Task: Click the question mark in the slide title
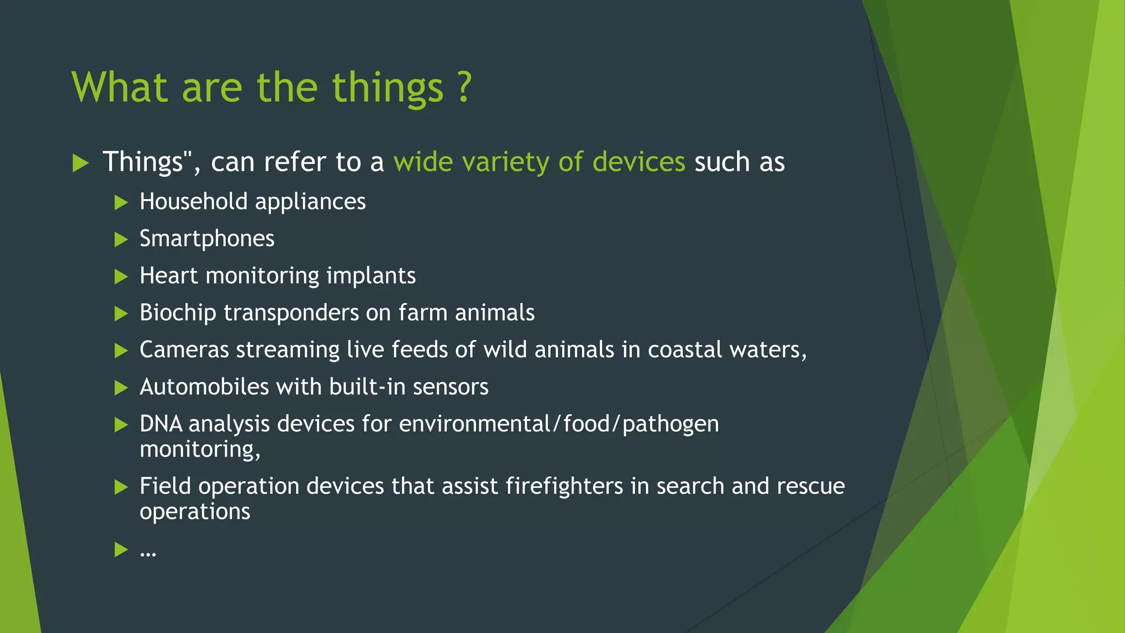click(x=465, y=87)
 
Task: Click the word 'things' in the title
click(x=388, y=88)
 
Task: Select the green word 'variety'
click(x=505, y=162)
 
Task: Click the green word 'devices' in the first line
click(x=639, y=162)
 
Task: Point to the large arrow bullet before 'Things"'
click(x=81, y=163)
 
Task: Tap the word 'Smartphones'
click(x=207, y=239)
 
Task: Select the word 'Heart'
click(x=168, y=276)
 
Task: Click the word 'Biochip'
click(x=177, y=313)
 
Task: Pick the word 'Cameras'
click(x=184, y=350)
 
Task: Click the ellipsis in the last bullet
click(x=148, y=551)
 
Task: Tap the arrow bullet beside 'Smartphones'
click(x=121, y=240)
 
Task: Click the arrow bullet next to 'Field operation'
click(x=121, y=487)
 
